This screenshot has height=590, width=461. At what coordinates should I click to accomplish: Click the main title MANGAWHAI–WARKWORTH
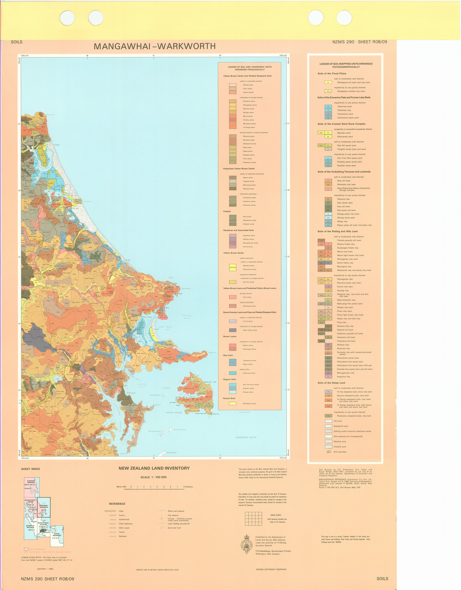(155, 47)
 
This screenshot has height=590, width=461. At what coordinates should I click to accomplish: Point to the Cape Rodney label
(186, 289)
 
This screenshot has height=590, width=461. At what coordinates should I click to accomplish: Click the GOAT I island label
(171, 278)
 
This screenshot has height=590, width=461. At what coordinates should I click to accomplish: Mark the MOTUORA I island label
(172, 452)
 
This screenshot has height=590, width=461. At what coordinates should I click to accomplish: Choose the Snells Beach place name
(131, 393)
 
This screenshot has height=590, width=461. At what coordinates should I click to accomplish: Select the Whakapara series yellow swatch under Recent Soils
(232, 404)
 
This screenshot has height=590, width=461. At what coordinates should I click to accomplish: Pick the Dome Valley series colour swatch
(232, 330)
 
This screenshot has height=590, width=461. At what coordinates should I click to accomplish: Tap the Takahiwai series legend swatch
(232, 373)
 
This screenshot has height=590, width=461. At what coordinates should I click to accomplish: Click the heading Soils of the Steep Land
(331, 383)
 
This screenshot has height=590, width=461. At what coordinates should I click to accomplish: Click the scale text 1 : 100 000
(153, 477)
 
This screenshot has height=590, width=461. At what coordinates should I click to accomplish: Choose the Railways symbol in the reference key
(112, 536)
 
